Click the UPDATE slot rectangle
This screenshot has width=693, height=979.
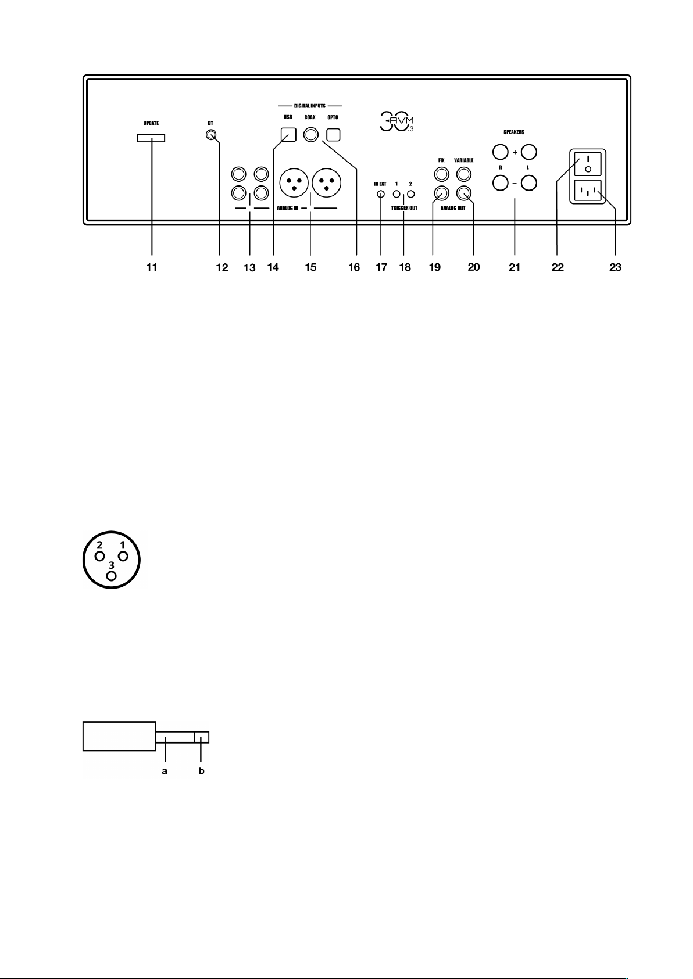click(151, 138)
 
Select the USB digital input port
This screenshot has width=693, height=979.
click(288, 135)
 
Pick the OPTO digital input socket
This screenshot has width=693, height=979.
click(333, 135)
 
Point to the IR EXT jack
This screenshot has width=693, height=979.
click(380, 195)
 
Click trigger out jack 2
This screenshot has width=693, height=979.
click(410, 195)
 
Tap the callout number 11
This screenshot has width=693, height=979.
click(152, 267)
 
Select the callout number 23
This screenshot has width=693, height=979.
click(615, 267)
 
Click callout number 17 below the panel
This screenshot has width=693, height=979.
click(381, 267)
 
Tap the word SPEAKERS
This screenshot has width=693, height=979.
click(514, 132)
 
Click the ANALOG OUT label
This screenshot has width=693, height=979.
click(452, 207)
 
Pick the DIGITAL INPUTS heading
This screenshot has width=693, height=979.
click(309, 106)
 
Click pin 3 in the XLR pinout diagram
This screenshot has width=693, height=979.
click(112, 575)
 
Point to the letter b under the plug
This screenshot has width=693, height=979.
click(201, 772)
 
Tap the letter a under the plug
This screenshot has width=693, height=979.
click(165, 772)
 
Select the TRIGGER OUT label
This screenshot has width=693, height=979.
click(404, 207)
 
